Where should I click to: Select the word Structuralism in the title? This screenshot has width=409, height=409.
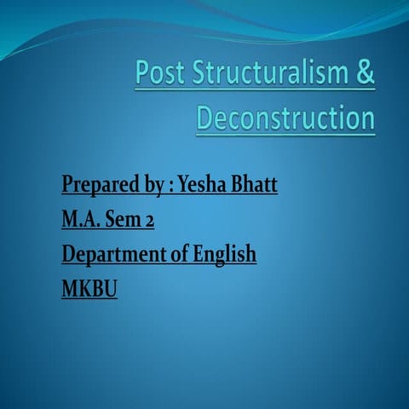pos(268,74)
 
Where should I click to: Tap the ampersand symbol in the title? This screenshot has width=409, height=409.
pos(364,74)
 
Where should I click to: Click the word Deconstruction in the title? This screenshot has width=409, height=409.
pos(285,118)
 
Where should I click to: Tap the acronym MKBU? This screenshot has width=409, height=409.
pos(89,288)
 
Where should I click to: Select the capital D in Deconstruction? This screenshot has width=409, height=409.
pos(205,118)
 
